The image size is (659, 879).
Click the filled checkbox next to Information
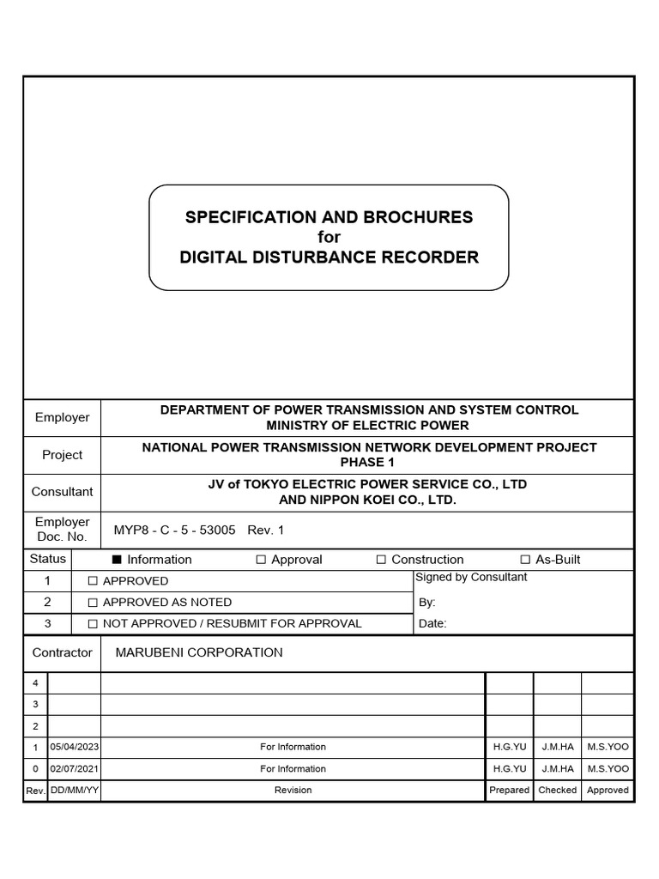point(118,560)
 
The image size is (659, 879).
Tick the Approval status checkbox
point(261,560)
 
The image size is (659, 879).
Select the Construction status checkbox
point(381,560)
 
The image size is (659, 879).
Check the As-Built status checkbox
point(525,560)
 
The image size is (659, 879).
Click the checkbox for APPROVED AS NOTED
point(93,603)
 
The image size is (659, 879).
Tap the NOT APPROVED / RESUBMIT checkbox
point(93,624)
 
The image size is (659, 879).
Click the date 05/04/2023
point(75,747)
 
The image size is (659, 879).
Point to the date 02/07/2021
point(75,769)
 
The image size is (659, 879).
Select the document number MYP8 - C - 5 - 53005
point(174,530)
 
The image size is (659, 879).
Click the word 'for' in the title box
point(329,237)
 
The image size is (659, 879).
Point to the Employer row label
point(62,417)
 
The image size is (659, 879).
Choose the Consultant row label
point(62,492)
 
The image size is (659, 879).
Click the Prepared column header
point(509,790)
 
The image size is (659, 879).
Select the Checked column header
point(557,790)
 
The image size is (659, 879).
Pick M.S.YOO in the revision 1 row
point(608,747)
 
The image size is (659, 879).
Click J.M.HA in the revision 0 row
point(557,769)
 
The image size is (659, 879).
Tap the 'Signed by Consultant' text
point(471,577)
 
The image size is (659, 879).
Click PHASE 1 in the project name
point(369,462)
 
